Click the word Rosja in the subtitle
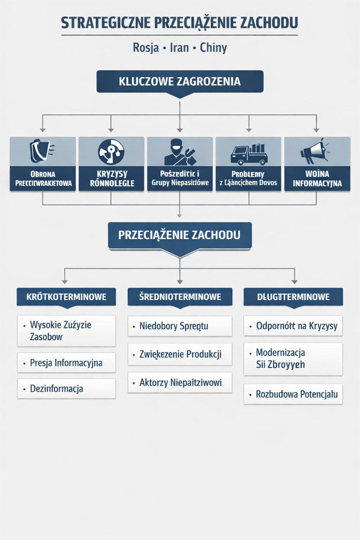(x=146, y=47)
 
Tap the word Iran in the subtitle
(x=179, y=47)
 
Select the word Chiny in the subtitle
(x=213, y=47)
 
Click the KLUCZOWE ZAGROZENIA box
(x=180, y=82)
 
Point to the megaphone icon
(x=314, y=151)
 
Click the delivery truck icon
(x=249, y=153)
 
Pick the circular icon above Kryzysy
(x=111, y=152)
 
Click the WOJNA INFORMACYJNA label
(x=317, y=179)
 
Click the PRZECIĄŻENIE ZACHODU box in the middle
(x=180, y=235)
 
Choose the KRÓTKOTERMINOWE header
(x=66, y=297)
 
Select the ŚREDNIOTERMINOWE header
(x=180, y=297)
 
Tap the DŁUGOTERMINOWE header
(x=293, y=297)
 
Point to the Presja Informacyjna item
(x=66, y=363)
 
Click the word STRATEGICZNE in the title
(x=106, y=23)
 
